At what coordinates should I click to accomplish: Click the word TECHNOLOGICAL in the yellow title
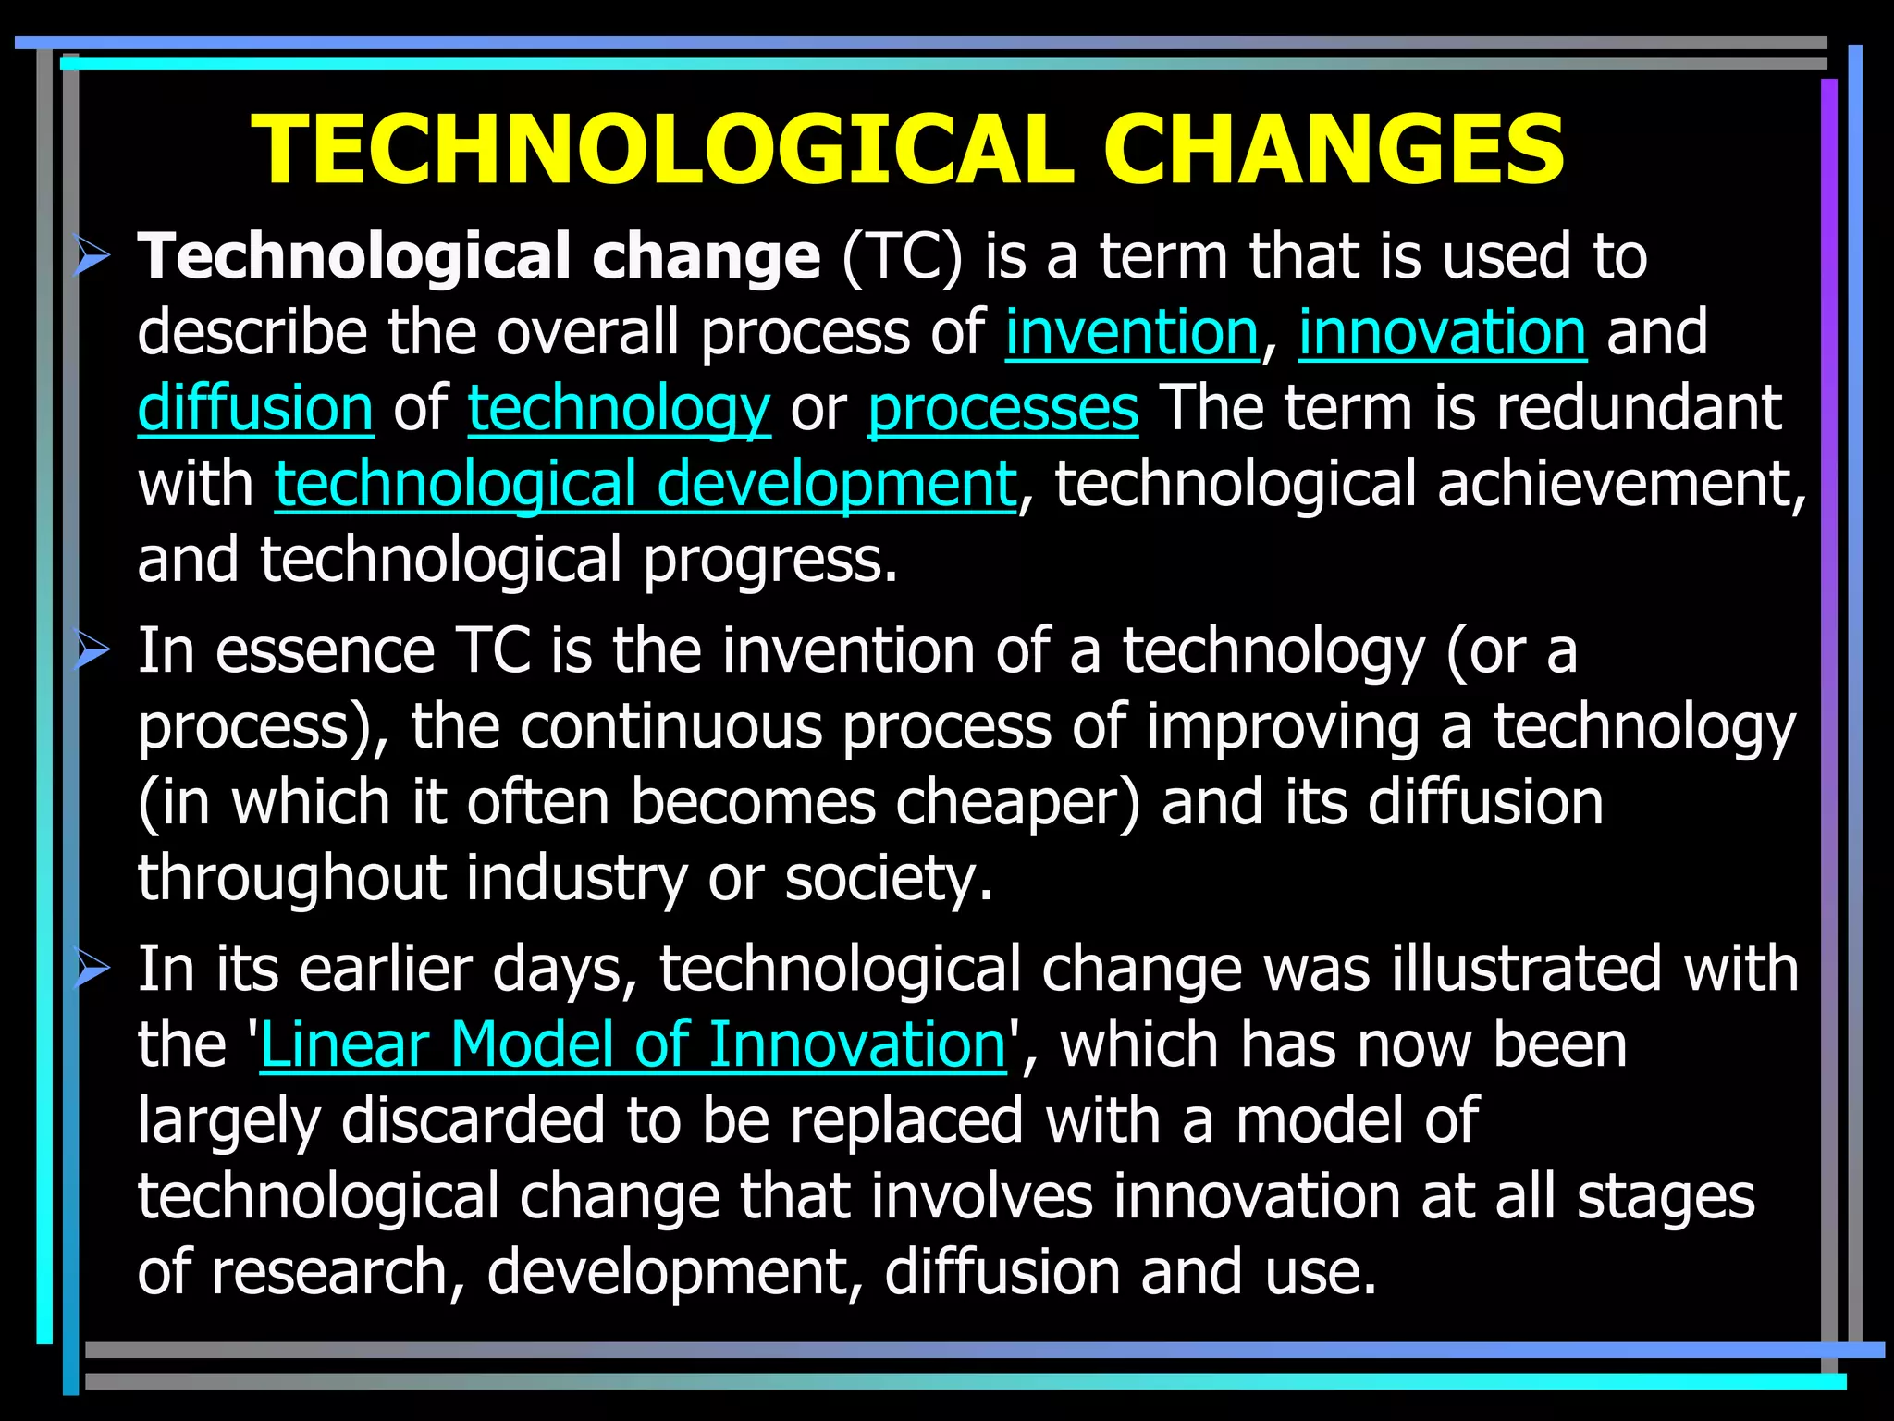662,150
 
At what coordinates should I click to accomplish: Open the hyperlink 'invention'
1131,332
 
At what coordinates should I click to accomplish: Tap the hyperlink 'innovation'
1442,332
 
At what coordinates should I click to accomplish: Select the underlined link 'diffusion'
255,408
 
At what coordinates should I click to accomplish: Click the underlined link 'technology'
619,408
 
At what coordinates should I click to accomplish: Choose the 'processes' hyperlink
1002,408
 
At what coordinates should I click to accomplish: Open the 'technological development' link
645,484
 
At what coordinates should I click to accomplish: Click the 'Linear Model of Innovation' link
633,1044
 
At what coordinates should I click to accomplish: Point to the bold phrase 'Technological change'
478,256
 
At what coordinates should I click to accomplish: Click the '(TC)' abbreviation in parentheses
902,256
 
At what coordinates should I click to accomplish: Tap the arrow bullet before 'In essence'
92,652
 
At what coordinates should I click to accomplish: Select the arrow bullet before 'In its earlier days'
92,970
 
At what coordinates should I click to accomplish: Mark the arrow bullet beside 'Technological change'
92,256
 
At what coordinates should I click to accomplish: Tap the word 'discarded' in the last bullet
473,1120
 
